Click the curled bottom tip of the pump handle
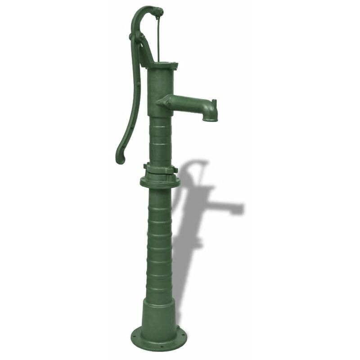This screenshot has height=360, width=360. click(120, 157)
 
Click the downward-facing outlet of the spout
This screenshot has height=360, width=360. click(210, 119)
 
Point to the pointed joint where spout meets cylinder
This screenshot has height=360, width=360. click(160, 103)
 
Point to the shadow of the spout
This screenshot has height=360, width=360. click(229, 208)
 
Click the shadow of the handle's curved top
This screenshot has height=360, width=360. click(198, 163)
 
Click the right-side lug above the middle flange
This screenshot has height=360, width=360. click(175, 170)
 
